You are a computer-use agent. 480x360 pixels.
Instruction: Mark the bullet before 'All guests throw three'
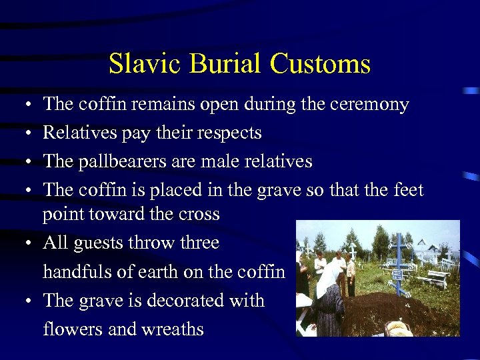coord(23,243)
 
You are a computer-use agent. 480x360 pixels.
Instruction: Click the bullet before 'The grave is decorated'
coord(23,301)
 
